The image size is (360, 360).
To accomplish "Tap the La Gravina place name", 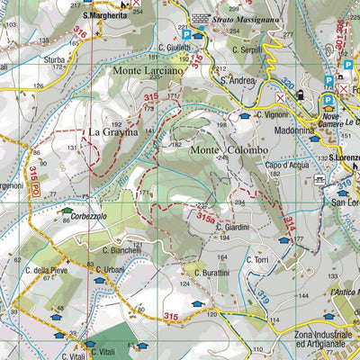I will [113, 131].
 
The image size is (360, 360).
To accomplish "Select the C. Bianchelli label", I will [121, 251].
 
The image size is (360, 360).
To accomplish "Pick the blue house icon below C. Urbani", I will [100, 281].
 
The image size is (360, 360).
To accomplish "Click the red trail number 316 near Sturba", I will [81, 34].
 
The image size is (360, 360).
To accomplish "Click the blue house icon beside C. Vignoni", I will [245, 115].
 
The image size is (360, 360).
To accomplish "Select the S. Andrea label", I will [238, 80].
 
